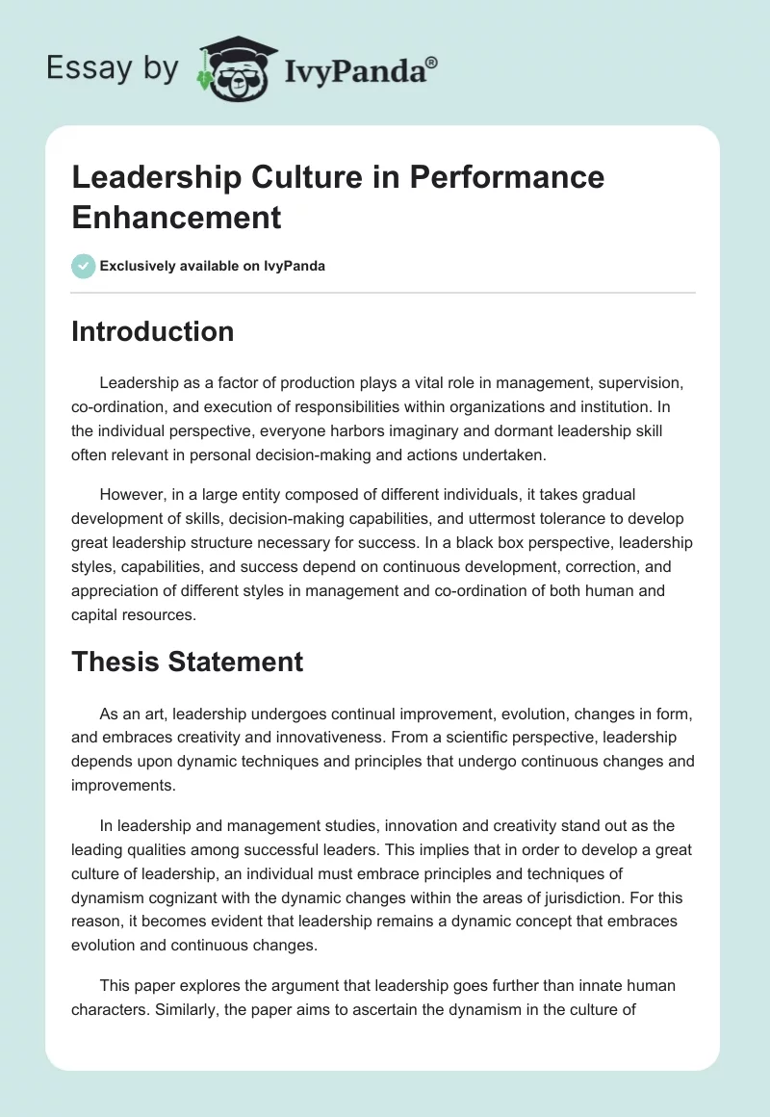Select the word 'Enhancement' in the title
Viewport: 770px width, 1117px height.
177,217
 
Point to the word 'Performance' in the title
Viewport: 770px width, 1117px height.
506,177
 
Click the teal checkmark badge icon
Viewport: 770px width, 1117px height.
84,266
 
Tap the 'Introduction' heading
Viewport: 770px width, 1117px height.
153,331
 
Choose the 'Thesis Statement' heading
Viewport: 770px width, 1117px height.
188,662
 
